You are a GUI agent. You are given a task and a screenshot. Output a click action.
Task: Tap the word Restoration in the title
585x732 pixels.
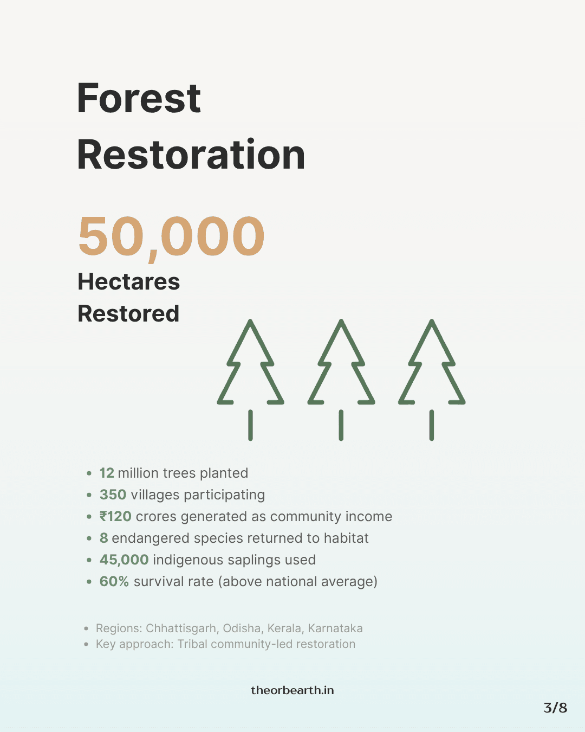coord(191,155)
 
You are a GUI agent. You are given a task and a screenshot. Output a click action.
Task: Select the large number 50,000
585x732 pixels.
coord(171,236)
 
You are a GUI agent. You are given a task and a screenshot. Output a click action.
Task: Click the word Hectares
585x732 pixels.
coord(128,281)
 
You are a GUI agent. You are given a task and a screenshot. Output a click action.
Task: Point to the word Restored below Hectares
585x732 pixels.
coord(128,313)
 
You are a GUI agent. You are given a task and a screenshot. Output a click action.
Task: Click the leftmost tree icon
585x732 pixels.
coord(250,369)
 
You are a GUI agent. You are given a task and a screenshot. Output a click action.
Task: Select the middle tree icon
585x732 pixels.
coord(341,369)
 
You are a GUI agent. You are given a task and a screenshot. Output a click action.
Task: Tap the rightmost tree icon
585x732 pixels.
coord(432,369)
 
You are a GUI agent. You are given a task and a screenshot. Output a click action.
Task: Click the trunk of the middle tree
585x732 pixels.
coord(341,425)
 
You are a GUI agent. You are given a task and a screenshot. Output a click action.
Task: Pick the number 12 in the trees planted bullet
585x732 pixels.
coord(107,473)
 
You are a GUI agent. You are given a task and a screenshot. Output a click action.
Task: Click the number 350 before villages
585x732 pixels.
coord(113,495)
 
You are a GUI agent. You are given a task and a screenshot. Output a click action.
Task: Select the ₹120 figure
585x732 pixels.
coord(115,517)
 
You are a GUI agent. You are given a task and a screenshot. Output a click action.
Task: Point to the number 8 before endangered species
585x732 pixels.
coord(103,538)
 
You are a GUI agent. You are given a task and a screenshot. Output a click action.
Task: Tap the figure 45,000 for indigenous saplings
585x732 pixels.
coord(124,560)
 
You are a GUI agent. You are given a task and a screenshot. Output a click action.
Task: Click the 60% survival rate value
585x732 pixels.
coord(114,582)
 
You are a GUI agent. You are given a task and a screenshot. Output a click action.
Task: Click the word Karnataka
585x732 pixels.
coord(335,628)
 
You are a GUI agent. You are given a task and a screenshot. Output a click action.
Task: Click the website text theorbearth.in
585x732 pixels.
coord(292,690)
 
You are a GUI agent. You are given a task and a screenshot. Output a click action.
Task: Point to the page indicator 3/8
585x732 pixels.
coord(555,708)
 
